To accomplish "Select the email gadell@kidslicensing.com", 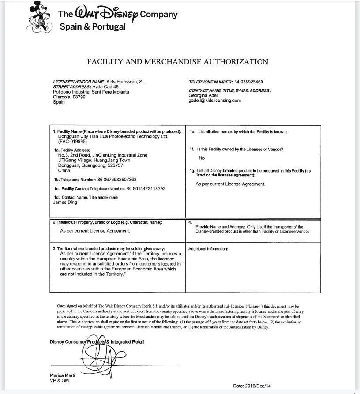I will (214, 100).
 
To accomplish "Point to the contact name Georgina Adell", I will (203, 95).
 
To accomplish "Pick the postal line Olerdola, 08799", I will (68, 97).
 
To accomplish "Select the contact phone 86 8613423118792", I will (146, 188).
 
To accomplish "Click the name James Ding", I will (65, 203).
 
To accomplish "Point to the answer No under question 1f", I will (202, 158).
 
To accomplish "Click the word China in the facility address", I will (64, 170).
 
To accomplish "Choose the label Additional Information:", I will (208, 249).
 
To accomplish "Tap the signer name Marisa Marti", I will (63, 375).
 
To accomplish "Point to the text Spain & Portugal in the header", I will (93, 26).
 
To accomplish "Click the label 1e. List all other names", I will (238, 131).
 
